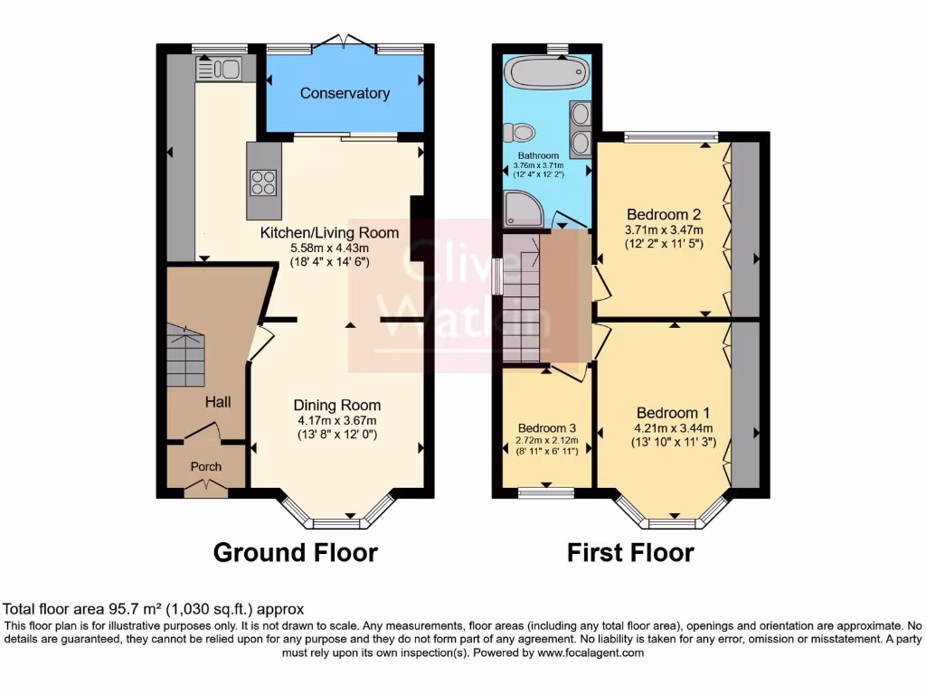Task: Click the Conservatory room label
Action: point(345,93)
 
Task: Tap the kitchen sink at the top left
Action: point(217,69)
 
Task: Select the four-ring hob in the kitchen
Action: point(263,183)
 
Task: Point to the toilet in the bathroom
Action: point(520,134)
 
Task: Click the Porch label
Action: point(204,466)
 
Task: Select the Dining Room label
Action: point(336,405)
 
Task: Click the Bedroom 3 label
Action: point(547,427)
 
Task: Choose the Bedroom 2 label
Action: point(664,215)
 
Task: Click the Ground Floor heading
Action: point(295,551)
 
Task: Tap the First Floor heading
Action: point(630,551)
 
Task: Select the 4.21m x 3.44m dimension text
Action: point(672,428)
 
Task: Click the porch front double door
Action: point(204,488)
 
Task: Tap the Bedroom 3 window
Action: point(545,492)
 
